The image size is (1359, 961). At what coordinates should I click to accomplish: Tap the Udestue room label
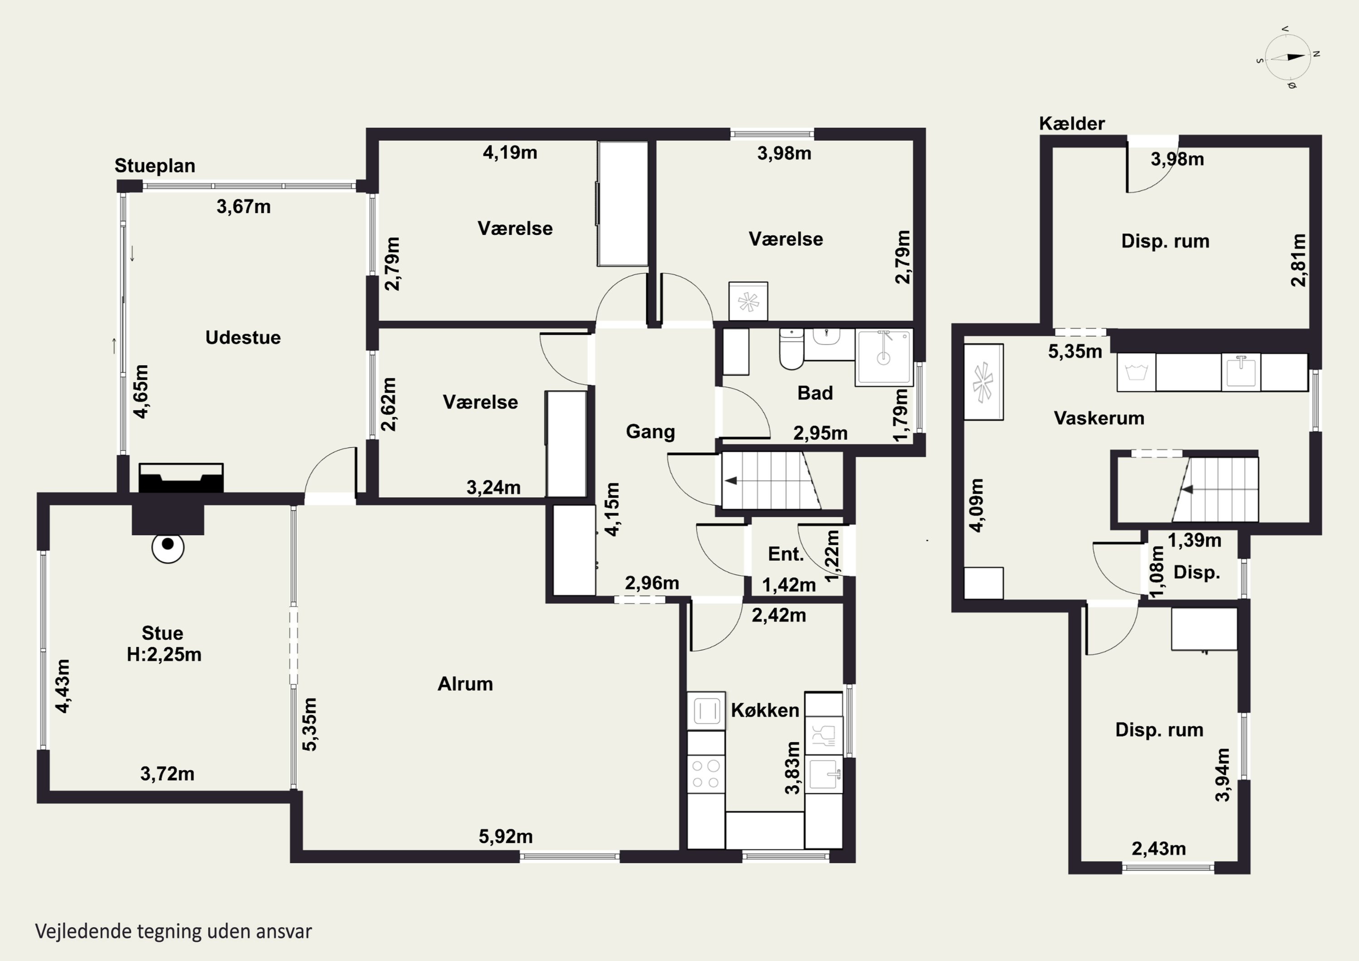click(x=243, y=338)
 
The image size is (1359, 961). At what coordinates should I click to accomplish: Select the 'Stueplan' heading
click(x=155, y=166)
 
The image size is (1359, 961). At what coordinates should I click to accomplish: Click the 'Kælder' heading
click(x=1072, y=123)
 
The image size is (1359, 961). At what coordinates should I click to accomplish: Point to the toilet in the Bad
click(x=791, y=349)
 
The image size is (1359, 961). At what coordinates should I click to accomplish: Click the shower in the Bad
click(x=884, y=357)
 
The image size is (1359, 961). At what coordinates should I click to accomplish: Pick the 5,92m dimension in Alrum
click(x=506, y=837)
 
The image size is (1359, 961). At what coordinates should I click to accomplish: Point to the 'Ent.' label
click(x=786, y=554)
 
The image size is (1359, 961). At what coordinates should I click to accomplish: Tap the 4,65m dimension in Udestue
click(x=141, y=391)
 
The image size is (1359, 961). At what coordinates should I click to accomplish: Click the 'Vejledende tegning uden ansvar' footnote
click(x=173, y=932)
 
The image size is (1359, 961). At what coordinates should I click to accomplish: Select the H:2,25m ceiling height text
click(x=164, y=654)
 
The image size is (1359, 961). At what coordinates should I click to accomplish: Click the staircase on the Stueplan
click(x=771, y=481)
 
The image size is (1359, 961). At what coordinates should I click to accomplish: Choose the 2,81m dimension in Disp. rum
click(x=1298, y=260)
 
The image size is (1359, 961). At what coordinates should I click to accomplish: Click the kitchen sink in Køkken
click(x=824, y=773)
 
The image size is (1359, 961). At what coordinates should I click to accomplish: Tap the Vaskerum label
click(x=1099, y=418)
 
